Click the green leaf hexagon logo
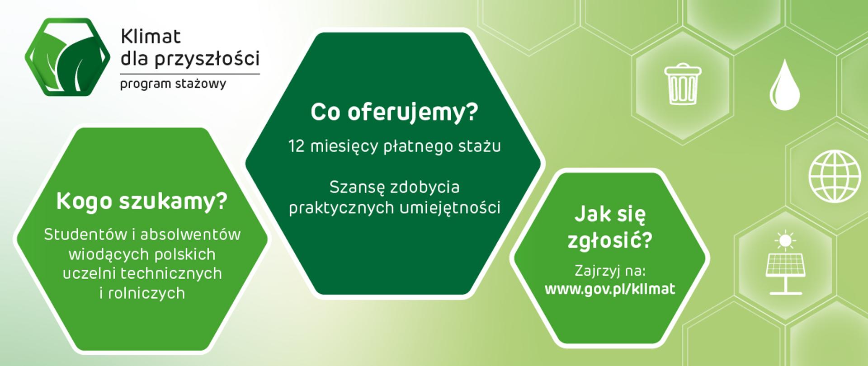pos(67,57)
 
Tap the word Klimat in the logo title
pos(151,37)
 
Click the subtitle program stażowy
pos(173,84)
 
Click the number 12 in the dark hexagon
pos(296,146)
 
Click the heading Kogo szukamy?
pos(142,202)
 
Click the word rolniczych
pos(147,293)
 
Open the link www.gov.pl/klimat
pos(610,289)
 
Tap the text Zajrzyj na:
pos(610,272)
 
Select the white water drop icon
pos(785,84)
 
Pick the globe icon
pos(835,176)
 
